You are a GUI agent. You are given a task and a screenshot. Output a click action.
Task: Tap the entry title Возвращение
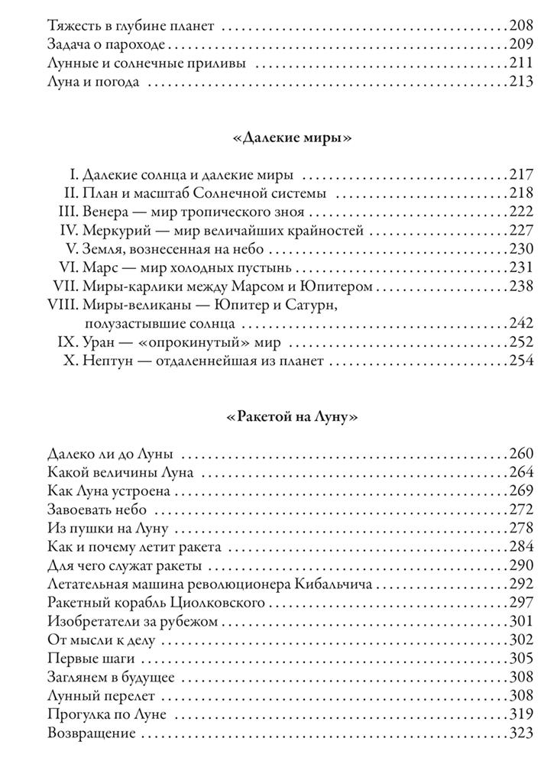[x=92, y=733]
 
